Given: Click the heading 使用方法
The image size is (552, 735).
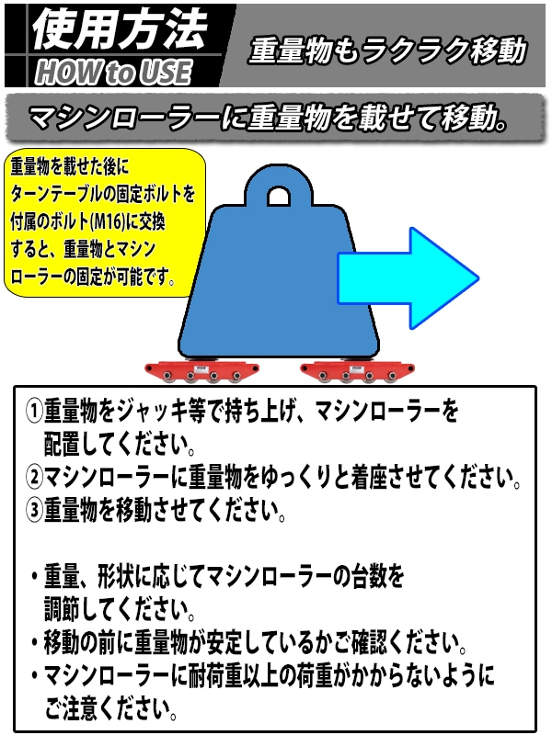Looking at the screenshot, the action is point(120,29).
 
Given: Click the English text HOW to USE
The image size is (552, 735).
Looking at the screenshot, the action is point(113,73).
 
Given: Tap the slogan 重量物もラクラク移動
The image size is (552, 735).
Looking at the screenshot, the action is point(387,50).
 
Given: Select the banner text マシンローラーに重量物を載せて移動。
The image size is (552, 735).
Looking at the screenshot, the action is point(268,117).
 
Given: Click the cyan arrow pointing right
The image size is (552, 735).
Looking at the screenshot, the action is point(408,278).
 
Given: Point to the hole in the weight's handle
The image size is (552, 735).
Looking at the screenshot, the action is point(279,197).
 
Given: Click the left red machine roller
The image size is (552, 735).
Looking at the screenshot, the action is point(201,371).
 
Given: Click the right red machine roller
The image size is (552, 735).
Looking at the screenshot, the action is point(357,371).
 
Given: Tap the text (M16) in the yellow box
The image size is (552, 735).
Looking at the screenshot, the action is point(108,221).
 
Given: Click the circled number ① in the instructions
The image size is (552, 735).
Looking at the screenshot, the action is point(34,411).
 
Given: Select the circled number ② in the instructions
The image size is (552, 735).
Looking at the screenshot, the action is point(34,476).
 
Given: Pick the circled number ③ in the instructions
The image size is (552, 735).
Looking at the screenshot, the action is point(34,510).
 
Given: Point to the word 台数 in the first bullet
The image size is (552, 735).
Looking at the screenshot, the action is point(369,576).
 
